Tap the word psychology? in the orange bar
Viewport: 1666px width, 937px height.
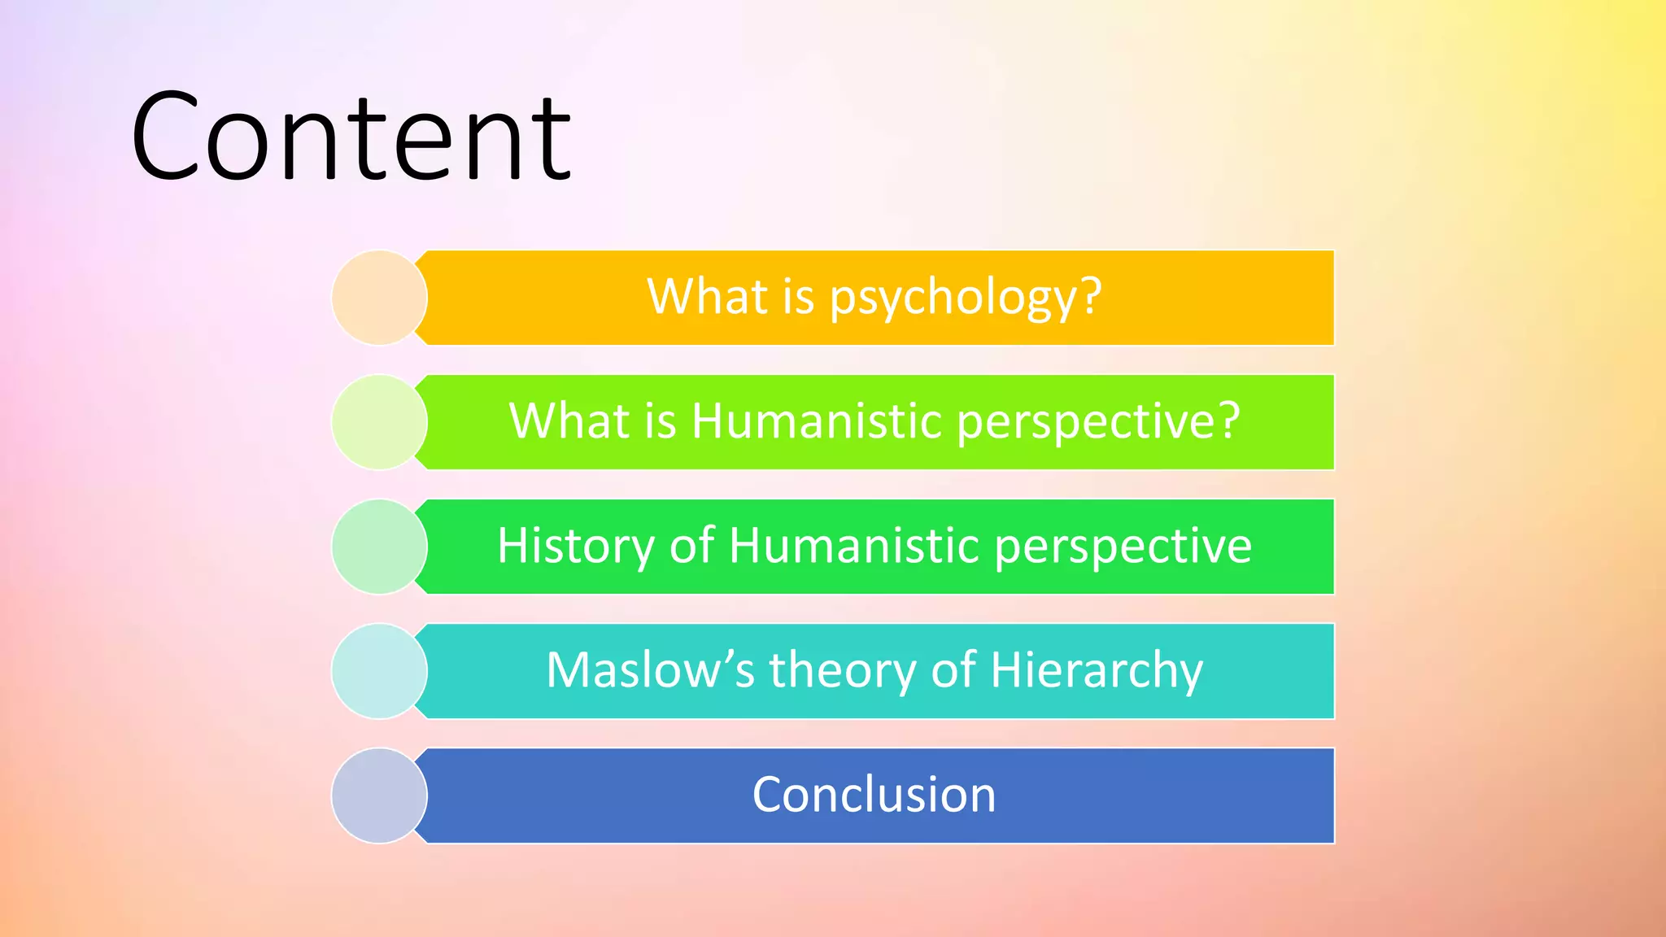966,297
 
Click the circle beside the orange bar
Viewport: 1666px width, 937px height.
379,298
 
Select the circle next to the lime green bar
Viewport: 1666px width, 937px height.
379,422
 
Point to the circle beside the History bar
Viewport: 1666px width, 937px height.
379,547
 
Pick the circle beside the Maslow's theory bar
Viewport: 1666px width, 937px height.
379,671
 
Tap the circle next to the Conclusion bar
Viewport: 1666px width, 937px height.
379,795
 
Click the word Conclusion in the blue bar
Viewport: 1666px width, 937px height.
874,795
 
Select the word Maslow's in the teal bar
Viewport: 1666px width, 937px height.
651,670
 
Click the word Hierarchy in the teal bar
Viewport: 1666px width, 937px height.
1096,672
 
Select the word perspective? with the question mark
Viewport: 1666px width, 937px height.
1098,423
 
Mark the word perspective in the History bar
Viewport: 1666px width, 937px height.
1123,547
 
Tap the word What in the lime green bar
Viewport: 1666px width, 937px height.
569,421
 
